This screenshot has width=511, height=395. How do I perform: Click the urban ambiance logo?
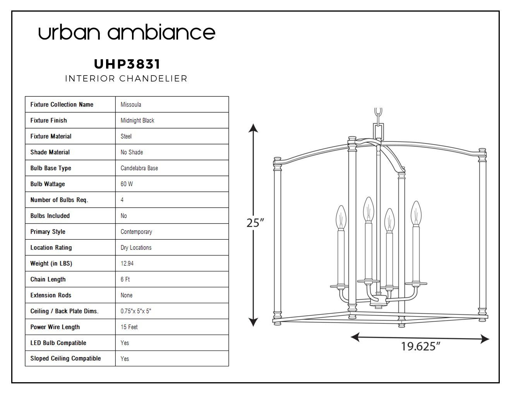click(127, 32)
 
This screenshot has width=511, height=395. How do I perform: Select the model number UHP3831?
click(127, 64)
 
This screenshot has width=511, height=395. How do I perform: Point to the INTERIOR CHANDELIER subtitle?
click(126, 79)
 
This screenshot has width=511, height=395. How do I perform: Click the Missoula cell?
click(131, 105)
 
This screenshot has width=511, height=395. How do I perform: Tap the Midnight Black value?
click(137, 120)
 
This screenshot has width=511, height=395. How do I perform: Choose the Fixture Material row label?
click(51, 136)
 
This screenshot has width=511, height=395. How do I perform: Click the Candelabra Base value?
click(139, 168)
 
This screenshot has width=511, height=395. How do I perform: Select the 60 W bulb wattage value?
click(127, 184)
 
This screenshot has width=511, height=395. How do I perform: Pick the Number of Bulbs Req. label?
click(59, 200)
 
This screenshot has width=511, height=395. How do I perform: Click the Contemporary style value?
click(136, 232)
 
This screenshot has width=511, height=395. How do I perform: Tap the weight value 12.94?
click(127, 263)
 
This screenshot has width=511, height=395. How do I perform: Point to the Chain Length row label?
click(48, 280)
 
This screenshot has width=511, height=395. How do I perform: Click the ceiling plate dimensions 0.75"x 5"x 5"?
click(136, 311)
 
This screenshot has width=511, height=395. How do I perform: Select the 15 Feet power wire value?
click(129, 327)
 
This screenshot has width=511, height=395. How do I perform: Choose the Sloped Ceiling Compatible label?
click(65, 358)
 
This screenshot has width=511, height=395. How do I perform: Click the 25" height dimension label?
click(255, 223)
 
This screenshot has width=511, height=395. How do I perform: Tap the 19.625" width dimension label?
click(420, 346)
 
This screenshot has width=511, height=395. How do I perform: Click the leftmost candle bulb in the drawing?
click(341, 218)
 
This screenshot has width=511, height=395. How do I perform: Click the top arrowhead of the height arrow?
click(253, 128)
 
